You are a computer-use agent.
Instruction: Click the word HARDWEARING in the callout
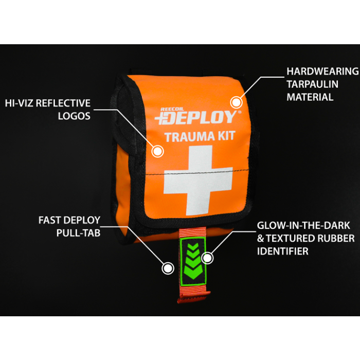coord(322,71)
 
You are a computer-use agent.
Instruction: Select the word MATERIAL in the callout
coord(310,97)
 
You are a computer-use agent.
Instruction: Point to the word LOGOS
coord(74,116)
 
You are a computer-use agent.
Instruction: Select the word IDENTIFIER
coord(284,251)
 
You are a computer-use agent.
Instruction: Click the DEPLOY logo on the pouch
coord(197,117)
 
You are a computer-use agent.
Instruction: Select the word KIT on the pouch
coord(225,137)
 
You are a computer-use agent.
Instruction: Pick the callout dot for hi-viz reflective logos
coord(157,151)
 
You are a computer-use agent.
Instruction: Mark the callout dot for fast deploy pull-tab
coord(168,267)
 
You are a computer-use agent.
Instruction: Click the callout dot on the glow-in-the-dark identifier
coord(207,257)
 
